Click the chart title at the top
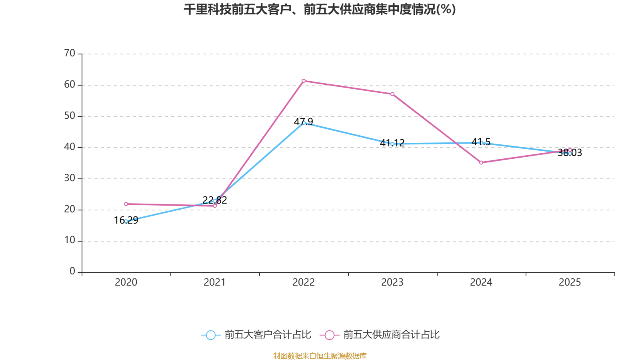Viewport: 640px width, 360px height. pyautogui.click(x=320, y=9)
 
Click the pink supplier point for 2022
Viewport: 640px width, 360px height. pyautogui.click(x=304, y=81)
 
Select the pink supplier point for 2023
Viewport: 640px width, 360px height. pyautogui.click(x=392, y=94)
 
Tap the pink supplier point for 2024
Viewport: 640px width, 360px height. pyautogui.click(x=481, y=162)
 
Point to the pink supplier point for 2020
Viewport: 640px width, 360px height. pyautogui.click(x=126, y=204)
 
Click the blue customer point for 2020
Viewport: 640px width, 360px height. pyautogui.click(x=126, y=221)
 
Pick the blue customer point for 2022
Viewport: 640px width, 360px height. pyautogui.click(x=304, y=123)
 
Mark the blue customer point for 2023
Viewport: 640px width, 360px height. pyautogui.click(x=392, y=144)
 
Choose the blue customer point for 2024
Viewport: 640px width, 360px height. pyautogui.click(x=481, y=143)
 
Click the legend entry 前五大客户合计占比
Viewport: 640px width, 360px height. pyautogui.click(x=256, y=335)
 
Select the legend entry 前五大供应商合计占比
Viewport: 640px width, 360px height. pyautogui.click(x=380, y=335)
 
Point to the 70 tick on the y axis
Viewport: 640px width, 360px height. pyautogui.click(x=70, y=53)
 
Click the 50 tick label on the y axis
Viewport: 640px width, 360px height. pyautogui.click(x=70, y=116)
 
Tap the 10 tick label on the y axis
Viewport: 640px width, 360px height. pyautogui.click(x=70, y=240)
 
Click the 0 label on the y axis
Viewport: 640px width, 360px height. pyautogui.click(x=72, y=272)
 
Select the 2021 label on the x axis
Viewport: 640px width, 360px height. pyautogui.click(x=215, y=282)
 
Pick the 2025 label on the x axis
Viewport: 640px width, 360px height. pyautogui.click(x=570, y=282)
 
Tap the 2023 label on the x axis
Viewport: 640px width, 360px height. pyautogui.click(x=392, y=282)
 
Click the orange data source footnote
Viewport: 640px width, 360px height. pyautogui.click(x=320, y=356)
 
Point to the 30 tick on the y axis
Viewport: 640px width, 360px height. pyautogui.click(x=70, y=178)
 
